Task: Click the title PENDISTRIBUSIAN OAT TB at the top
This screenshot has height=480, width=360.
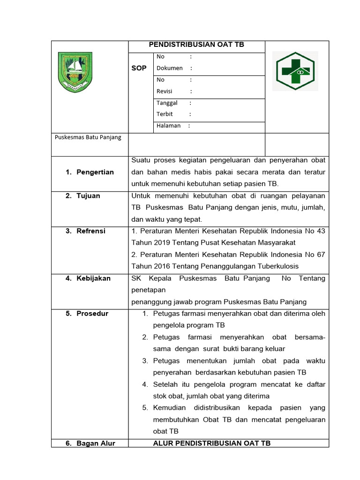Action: tap(196, 45)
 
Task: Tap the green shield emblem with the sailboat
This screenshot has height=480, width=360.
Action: tap(75, 72)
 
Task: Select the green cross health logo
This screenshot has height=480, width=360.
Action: tap(296, 71)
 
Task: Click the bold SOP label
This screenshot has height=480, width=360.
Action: tap(139, 68)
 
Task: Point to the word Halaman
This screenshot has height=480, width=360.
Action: tap(168, 126)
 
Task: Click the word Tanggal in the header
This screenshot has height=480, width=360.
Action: tap(167, 103)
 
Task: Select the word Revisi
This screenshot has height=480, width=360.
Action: tap(165, 91)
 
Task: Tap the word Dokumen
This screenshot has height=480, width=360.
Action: tap(169, 68)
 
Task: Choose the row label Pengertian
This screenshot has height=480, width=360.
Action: tap(95, 172)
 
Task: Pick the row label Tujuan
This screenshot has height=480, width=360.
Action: tap(88, 195)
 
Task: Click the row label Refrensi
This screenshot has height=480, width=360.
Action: tap(91, 231)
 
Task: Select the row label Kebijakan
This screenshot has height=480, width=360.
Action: tap(93, 278)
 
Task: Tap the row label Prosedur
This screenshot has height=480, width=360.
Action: tap(92, 313)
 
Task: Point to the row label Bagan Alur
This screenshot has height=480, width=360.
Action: tap(96, 443)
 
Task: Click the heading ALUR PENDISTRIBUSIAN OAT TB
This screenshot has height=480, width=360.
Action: tap(212, 443)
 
